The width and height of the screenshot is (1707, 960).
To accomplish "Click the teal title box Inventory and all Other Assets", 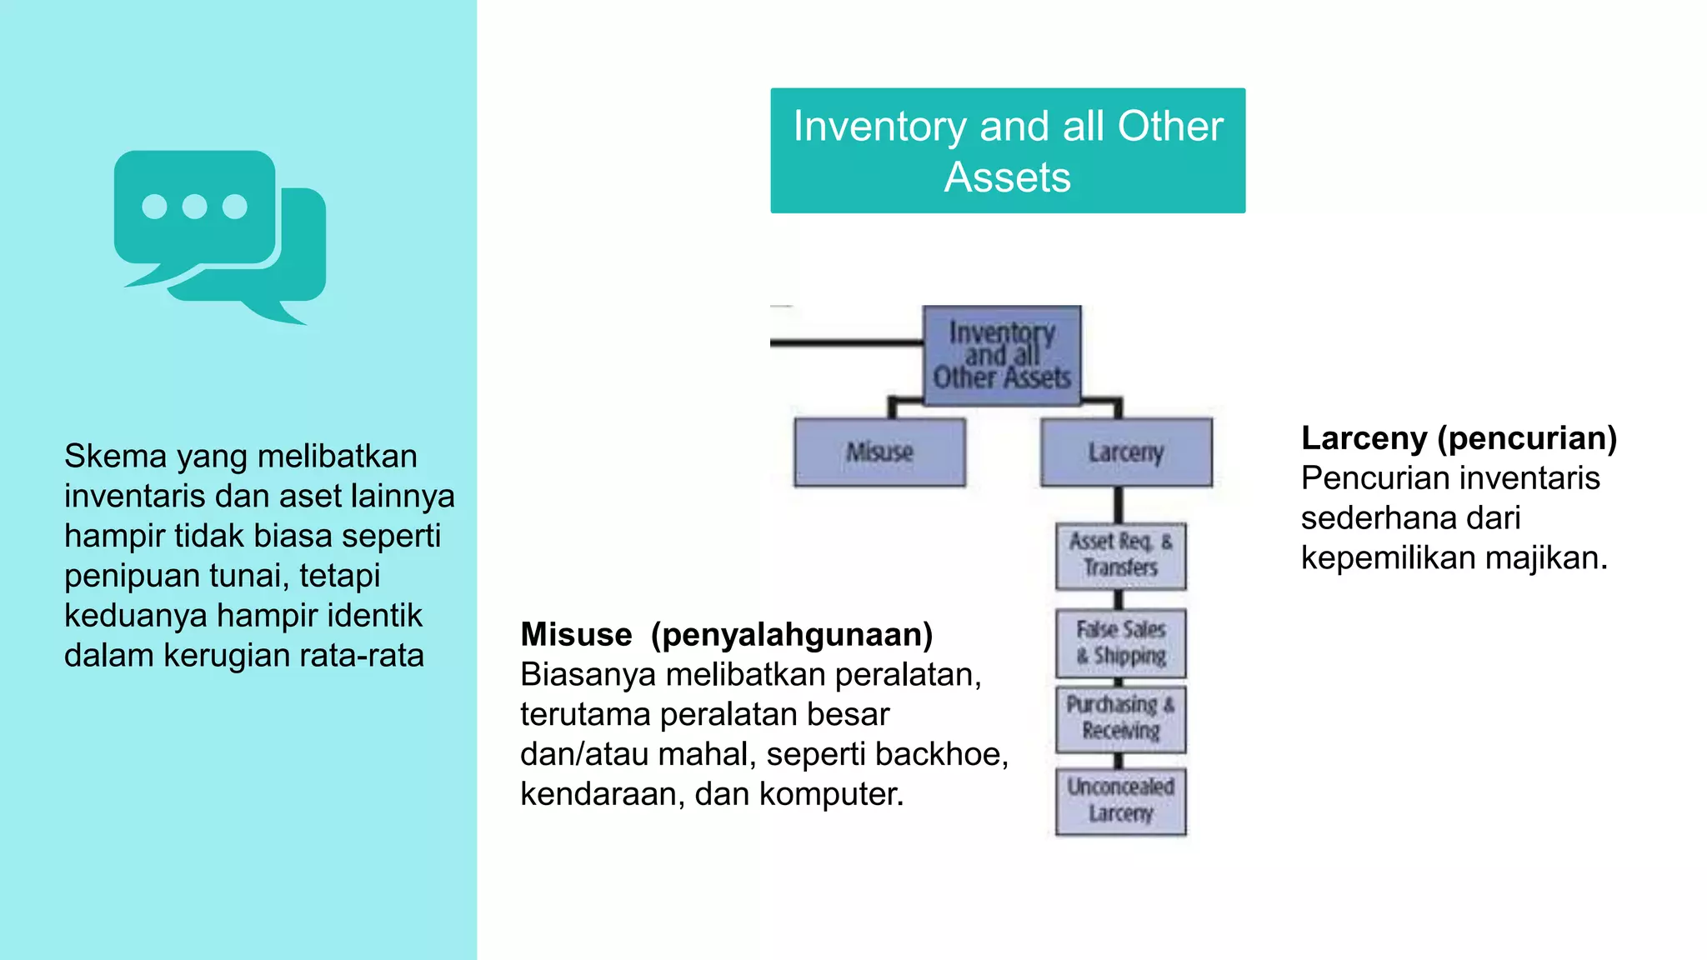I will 1007,151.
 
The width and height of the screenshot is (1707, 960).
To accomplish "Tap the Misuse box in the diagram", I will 879,452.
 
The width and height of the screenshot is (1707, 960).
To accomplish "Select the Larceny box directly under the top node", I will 1125,452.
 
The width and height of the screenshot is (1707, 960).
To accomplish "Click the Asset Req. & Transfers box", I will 1120,555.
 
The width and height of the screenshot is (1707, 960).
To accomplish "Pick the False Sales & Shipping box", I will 1120,642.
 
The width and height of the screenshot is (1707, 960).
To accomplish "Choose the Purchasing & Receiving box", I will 1120,718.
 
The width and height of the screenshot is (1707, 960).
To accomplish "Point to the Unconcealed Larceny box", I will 1120,800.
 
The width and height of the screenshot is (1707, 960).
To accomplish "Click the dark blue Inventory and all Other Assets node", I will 1001,356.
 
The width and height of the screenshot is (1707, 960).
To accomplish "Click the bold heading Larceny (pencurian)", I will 1459,438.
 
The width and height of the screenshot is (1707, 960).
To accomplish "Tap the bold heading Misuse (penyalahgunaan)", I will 726,635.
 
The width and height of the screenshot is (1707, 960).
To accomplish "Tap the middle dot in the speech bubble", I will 194,206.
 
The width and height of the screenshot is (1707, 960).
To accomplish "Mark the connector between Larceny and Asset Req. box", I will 1118,505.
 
